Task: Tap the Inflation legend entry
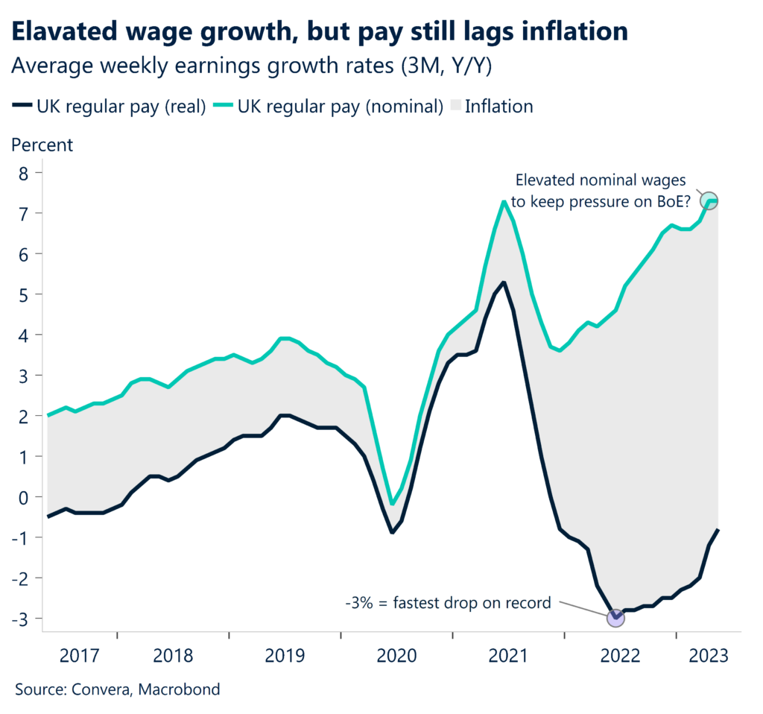click(x=498, y=107)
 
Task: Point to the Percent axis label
click(x=42, y=145)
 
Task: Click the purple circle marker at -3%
click(x=615, y=617)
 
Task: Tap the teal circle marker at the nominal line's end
click(x=711, y=201)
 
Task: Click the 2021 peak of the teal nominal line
click(x=505, y=201)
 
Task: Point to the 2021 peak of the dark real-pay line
click(x=505, y=282)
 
